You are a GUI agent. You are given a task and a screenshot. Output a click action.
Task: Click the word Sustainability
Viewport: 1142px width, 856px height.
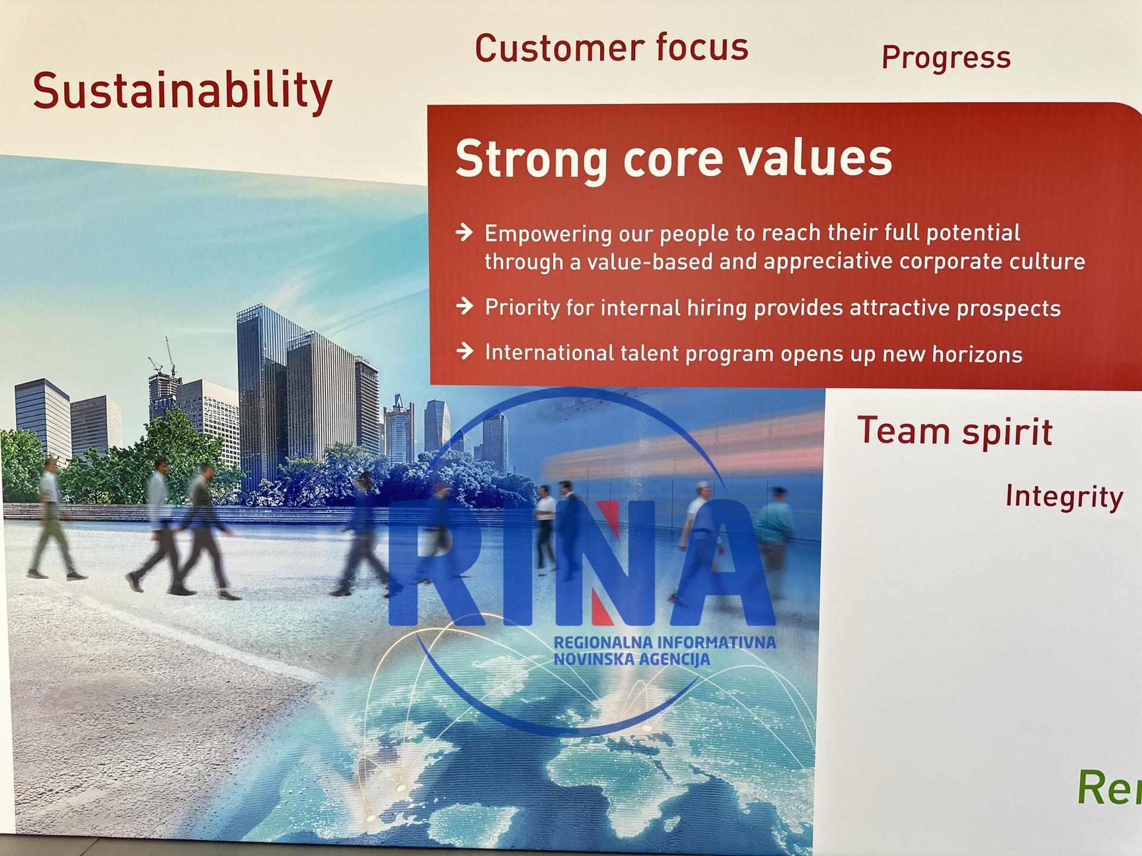183,91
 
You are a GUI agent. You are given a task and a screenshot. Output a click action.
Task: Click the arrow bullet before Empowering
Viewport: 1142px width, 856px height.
465,232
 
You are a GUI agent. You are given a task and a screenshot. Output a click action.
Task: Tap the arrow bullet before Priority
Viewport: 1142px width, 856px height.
465,306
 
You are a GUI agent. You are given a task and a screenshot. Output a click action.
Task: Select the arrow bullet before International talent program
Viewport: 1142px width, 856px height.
465,351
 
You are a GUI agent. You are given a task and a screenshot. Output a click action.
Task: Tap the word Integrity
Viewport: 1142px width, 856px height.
1064,497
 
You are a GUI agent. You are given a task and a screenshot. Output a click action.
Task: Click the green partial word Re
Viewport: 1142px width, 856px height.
1109,788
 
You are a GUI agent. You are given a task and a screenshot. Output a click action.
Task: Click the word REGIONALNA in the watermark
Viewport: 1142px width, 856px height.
602,642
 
